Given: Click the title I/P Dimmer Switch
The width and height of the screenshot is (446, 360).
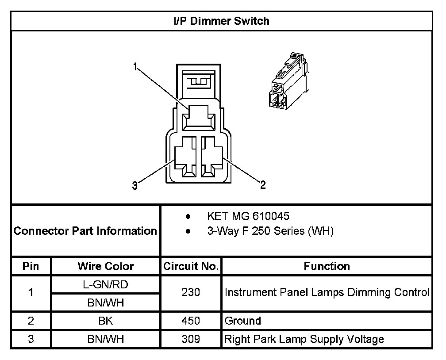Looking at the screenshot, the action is [x=221, y=21].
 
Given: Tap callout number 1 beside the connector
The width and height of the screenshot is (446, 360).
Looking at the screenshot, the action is [x=135, y=66].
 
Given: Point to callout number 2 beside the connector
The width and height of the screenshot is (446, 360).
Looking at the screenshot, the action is [x=263, y=185].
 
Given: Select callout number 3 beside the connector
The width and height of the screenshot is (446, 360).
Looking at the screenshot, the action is [x=135, y=186].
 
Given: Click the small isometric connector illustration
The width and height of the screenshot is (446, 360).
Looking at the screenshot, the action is [x=288, y=80].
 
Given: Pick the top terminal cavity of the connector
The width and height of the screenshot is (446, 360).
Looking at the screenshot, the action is [x=199, y=118].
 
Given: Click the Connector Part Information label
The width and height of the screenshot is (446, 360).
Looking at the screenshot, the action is [x=85, y=231].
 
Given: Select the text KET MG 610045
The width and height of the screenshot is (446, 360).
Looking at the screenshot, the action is [x=248, y=216].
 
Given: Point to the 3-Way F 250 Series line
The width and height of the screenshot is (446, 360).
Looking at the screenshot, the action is [x=270, y=231].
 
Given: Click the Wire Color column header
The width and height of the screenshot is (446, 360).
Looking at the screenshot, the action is [x=105, y=266].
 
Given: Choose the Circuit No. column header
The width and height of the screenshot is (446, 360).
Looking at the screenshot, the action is [x=191, y=266].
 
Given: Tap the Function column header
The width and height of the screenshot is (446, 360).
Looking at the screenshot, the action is [x=327, y=266].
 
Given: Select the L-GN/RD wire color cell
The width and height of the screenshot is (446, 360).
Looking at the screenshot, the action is [x=105, y=284].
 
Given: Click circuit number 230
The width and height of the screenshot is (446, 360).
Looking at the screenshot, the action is [x=191, y=292].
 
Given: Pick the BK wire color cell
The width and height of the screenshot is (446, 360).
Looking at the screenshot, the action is [x=105, y=321].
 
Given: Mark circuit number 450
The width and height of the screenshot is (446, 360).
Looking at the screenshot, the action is [x=191, y=321].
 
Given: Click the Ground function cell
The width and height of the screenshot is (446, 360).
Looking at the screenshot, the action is [x=242, y=321].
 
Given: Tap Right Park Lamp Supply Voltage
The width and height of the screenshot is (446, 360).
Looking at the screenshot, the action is [x=304, y=339].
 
